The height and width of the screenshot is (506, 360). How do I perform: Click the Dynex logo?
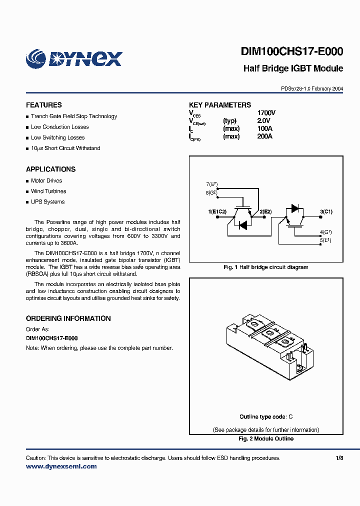(x=74, y=58)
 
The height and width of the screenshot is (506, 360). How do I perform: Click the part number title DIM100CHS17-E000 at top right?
(x=292, y=52)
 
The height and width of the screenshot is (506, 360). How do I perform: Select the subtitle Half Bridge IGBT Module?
(x=293, y=68)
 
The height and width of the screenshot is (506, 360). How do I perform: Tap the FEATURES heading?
(x=44, y=105)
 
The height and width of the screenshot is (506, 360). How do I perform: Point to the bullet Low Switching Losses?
(x=57, y=137)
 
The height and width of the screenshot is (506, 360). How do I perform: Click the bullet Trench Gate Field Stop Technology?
(x=74, y=116)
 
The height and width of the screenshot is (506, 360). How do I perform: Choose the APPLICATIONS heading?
(x=50, y=169)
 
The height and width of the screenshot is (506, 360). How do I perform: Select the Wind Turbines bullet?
(x=48, y=191)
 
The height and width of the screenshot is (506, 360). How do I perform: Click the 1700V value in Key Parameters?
(x=266, y=113)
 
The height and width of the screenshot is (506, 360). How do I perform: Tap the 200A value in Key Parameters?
(x=264, y=136)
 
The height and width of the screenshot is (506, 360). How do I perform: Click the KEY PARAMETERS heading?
(x=220, y=105)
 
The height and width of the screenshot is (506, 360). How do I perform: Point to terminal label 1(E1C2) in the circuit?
(x=217, y=212)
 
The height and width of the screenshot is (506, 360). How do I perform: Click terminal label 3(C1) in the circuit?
(x=326, y=212)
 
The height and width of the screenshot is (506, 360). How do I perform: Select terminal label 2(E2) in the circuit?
(x=265, y=212)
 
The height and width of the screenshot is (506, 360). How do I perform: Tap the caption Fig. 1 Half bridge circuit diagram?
(x=265, y=267)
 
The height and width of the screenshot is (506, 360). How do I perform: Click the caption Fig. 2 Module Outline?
(x=265, y=439)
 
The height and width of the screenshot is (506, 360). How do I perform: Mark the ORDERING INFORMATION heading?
(x=68, y=318)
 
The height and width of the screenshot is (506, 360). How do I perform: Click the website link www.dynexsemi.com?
(x=61, y=466)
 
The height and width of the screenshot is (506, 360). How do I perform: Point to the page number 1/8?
(x=339, y=458)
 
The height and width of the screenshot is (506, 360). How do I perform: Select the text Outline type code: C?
(x=265, y=417)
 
